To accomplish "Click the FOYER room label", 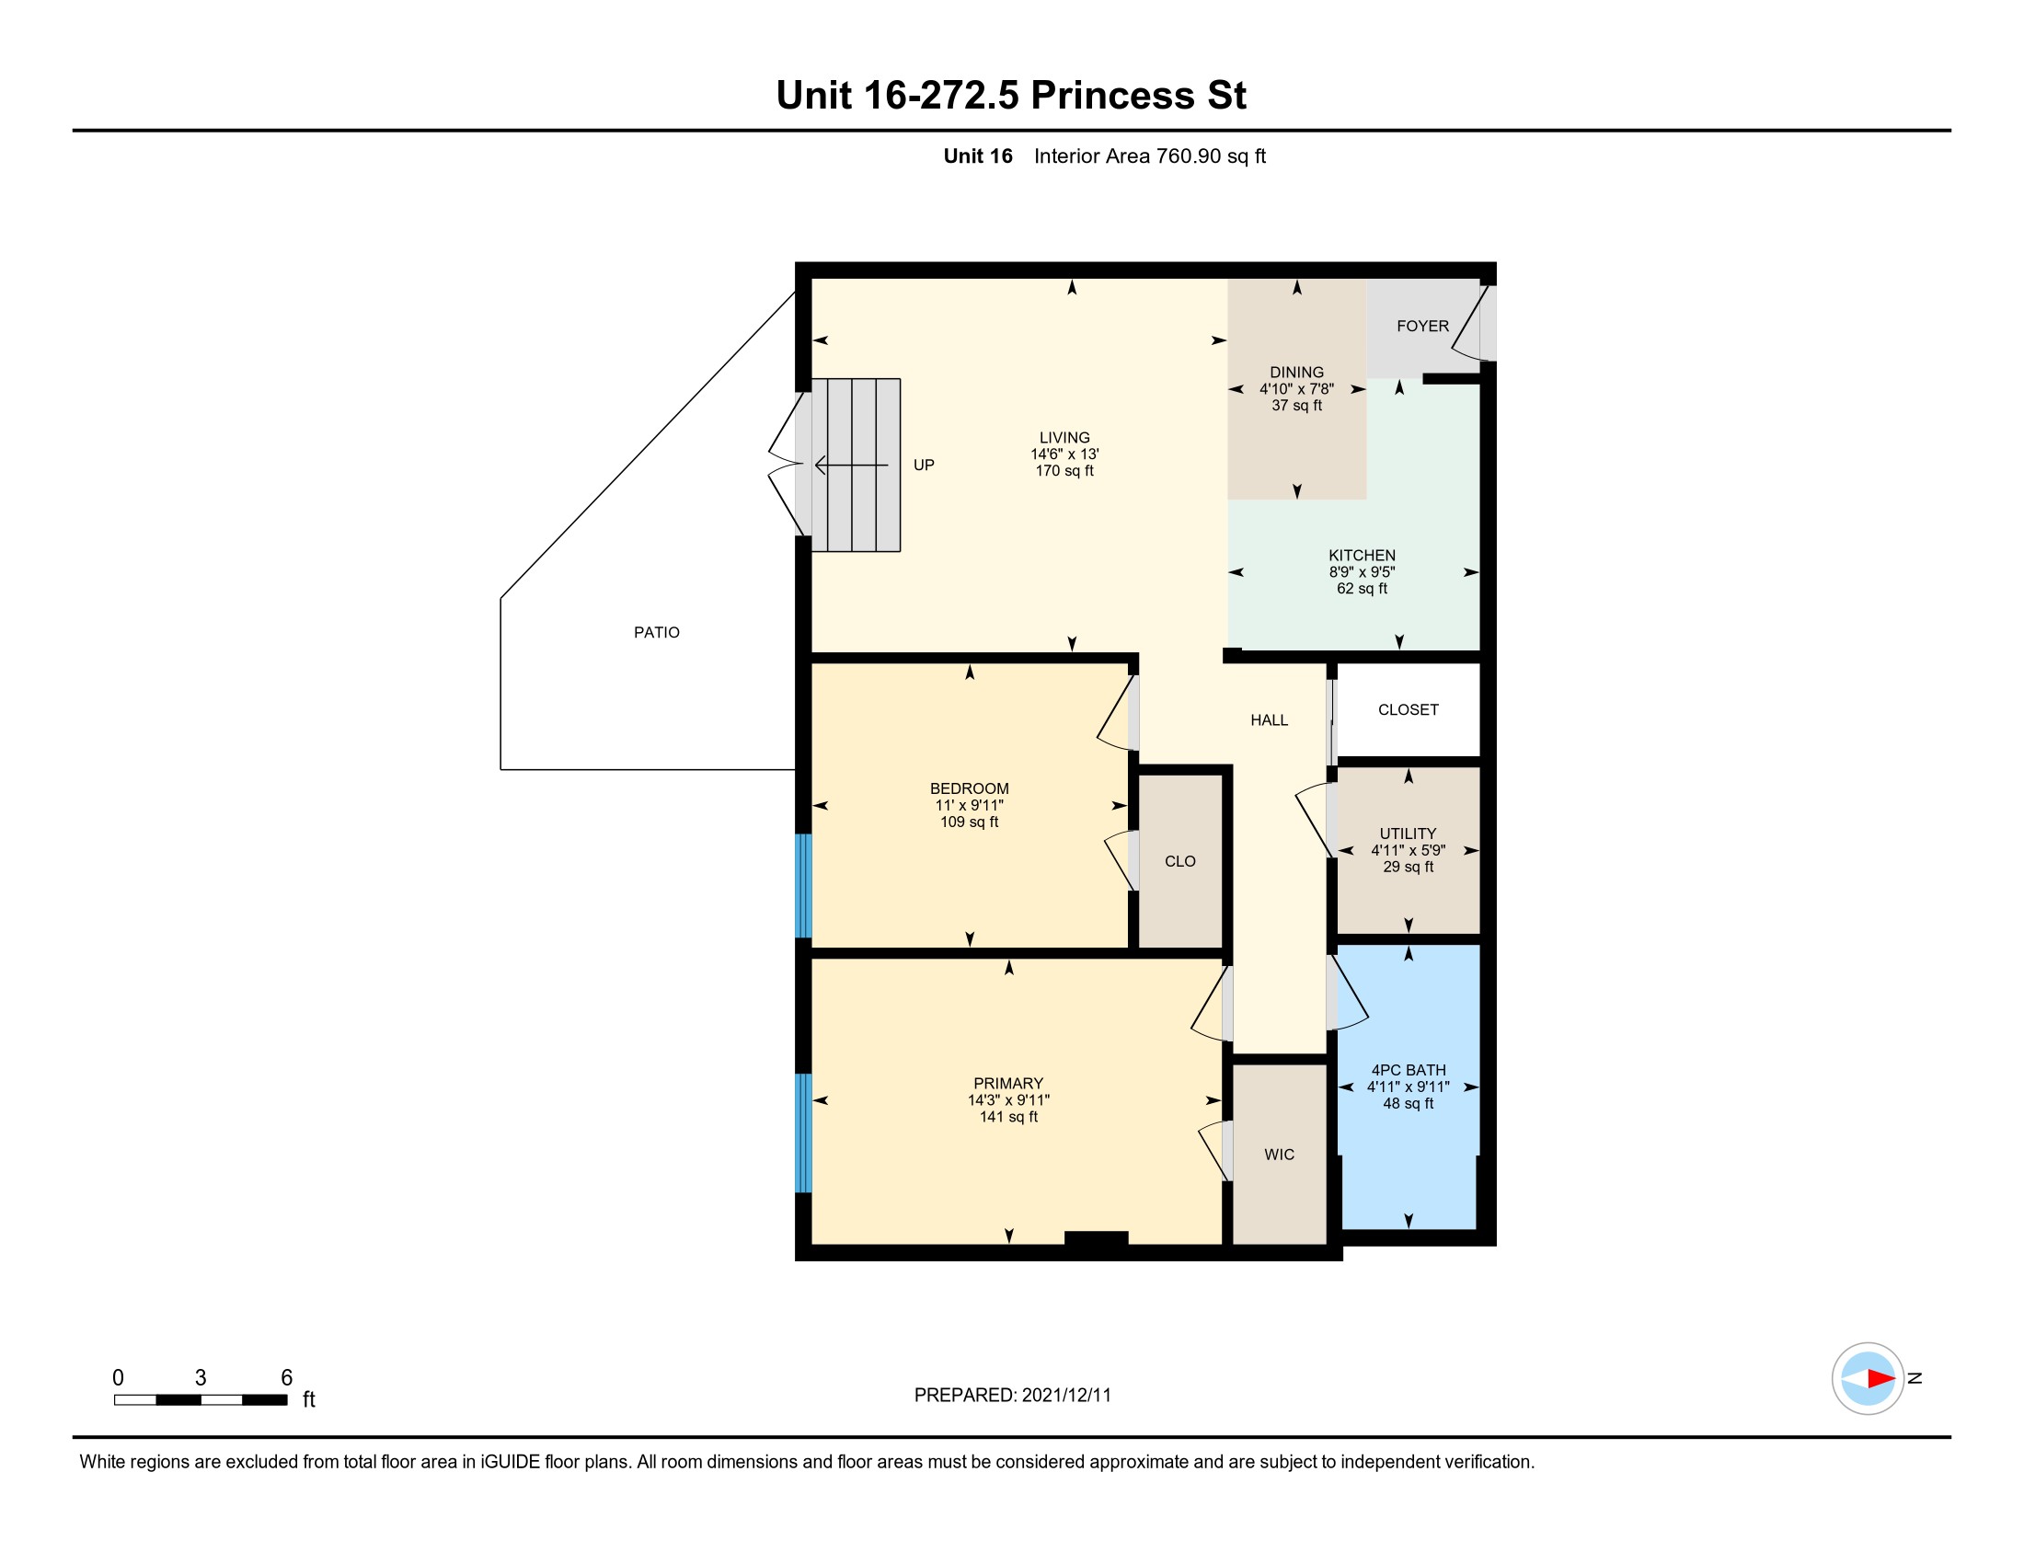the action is point(1422,327).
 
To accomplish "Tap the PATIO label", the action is point(656,632).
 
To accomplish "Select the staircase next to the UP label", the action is point(856,466).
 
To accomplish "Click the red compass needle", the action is point(1881,1379).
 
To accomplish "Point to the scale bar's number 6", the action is point(286,1378).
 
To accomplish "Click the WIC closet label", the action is point(1279,1155).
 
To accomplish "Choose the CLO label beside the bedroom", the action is point(1179,861).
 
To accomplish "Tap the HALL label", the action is point(1269,720).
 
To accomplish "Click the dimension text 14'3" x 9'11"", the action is point(1008,1099).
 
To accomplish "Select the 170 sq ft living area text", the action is point(1064,471).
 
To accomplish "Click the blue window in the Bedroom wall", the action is point(803,886).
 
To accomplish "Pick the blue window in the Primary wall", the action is point(803,1133).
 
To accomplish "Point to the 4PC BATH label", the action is point(1408,1070).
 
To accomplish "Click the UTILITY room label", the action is point(1408,834).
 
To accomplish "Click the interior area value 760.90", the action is point(1188,155).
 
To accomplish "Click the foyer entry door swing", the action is point(1473,323).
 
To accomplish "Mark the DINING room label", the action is point(1296,373).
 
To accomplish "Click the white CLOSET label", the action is point(1408,709).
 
